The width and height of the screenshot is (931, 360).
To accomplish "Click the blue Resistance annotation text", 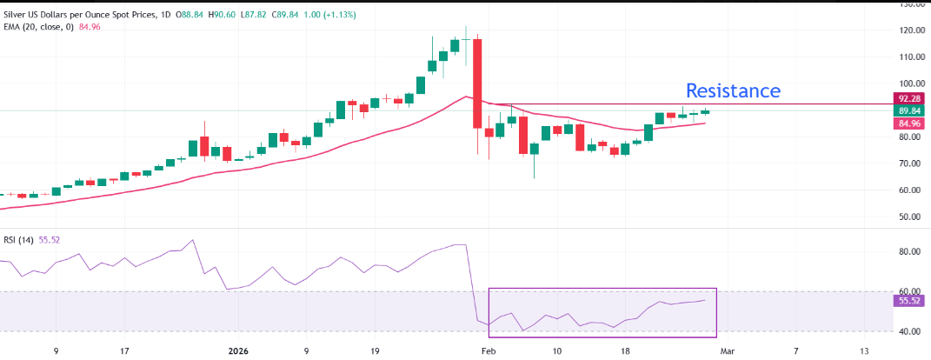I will tap(733, 90).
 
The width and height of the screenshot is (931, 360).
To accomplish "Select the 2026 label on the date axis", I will tap(238, 351).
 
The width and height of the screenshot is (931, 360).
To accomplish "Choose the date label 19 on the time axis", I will tap(375, 351).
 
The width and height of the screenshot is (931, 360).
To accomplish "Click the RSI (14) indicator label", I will tap(18, 239).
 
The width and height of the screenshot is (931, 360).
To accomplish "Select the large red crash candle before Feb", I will tap(477, 83).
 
